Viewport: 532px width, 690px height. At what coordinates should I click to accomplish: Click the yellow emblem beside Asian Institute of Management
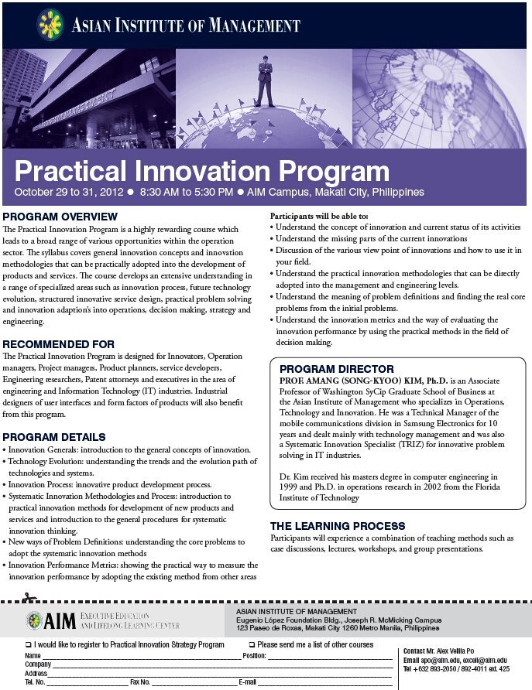[x=51, y=25]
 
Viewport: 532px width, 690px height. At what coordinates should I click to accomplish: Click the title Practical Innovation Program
[x=201, y=172]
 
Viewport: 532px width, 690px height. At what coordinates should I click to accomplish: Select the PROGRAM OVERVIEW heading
[x=60, y=216]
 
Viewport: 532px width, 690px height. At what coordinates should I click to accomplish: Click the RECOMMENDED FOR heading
[x=59, y=343]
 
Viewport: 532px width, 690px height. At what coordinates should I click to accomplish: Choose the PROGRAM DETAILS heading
[x=54, y=437]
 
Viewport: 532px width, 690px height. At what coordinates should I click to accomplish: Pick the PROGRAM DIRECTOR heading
[x=337, y=369]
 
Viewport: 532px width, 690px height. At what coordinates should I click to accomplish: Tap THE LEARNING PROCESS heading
[x=338, y=526]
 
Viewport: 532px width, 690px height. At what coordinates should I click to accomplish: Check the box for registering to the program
[x=28, y=644]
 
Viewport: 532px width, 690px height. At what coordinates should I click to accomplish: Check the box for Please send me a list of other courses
[x=252, y=644]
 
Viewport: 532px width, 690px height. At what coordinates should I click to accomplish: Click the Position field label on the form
[x=255, y=656]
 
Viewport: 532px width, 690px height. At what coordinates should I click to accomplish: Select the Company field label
[x=38, y=664]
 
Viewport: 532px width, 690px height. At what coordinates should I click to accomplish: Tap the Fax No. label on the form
[x=140, y=682]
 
